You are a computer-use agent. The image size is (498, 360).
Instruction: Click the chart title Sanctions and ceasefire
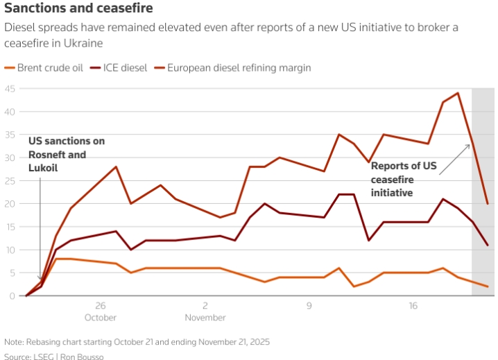pyautogui.click(x=78, y=9)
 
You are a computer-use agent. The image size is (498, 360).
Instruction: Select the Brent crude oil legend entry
pyautogui.click(x=46, y=68)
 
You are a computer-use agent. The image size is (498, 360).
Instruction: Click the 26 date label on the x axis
pyautogui.click(x=101, y=306)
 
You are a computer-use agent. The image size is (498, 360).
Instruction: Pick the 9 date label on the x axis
pyautogui.click(x=309, y=306)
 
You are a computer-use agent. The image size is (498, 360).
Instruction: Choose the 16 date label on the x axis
pyautogui.click(x=413, y=306)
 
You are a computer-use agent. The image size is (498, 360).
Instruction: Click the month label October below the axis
pyautogui.click(x=101, y=318)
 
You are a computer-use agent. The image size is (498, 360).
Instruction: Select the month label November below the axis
pyautogui.click(x=205, y=318)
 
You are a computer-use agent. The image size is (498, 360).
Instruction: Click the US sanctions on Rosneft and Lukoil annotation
pyautogui.click(x=67, y=154)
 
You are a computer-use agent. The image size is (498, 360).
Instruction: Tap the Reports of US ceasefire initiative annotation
pyautogui.click(x=404, y=179)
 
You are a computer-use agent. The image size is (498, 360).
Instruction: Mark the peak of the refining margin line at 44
pyautogui.click(x=458, y=93)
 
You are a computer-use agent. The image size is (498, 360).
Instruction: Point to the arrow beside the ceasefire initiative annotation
pyautogui.click(x=455, y=159)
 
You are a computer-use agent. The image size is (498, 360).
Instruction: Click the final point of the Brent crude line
pyautogui.click(x=488, y=286)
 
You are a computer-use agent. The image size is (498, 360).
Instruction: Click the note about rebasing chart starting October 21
pyautogui.click(x=137, y=341)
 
